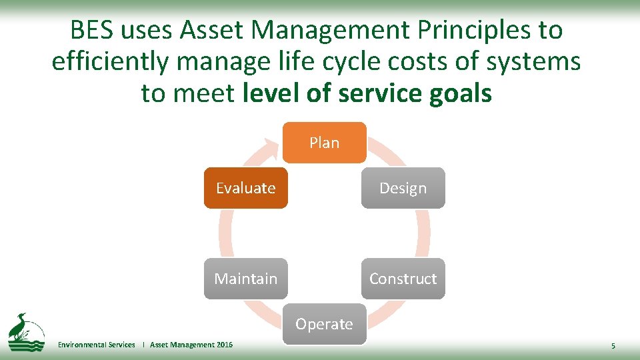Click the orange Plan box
(324, 143)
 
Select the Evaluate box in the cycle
(245, 188)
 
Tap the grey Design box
(403, 188)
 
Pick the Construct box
(403, 279)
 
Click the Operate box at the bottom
(324, 324)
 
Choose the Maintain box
(245, 279)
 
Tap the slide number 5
(613, 346)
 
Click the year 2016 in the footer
(225, 345)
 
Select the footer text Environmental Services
(96, 345)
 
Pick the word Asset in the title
(215, 30)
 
